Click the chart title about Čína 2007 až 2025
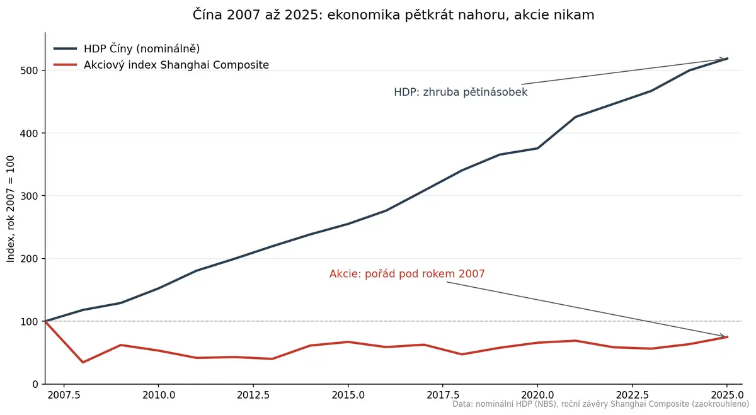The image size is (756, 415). pos(393,15)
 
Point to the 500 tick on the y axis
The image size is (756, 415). pos(30,71)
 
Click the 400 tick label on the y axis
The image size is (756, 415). pos(30,134)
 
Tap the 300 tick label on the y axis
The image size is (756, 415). pos(30,196)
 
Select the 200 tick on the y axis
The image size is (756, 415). pos(30,259)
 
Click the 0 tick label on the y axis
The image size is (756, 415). pos(35,384)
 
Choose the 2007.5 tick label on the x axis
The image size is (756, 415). pos(64,395)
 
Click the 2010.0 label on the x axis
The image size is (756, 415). pos(159,395)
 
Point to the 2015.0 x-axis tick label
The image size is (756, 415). pos(348,395)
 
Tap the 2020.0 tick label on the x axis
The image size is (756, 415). pos(537,395)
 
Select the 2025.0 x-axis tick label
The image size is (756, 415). pos(727,395)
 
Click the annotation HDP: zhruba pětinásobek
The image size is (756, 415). pos(461,92)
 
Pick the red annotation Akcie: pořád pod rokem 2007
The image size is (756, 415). pos(407,274)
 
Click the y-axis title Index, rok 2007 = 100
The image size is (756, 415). pos(11,209)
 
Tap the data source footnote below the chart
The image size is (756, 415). pos(601,404)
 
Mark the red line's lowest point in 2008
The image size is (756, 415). pos(83,362)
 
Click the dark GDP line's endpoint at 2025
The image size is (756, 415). pos(727,59)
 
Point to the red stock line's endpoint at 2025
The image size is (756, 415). pos(727,337)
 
